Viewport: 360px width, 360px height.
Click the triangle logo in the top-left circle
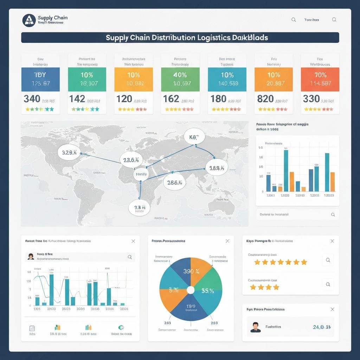pyautogui.click(x=29, y=20)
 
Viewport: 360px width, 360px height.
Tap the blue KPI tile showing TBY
pyautogui.click(x=40, y=79)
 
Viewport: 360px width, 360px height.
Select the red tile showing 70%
pyautogui.click(x=320, y=79)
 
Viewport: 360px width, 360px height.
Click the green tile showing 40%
pyautogui.click(x=180, y=79)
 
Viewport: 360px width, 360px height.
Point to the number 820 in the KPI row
pyautogui.click(x=265, y=99)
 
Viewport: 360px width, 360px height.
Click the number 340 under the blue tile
pyautogui.click(x=32, y=99)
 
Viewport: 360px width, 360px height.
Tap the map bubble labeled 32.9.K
pyautogui.click(x=69, y=152)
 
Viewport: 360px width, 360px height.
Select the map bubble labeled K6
pyautogui.click(x=194, y=137)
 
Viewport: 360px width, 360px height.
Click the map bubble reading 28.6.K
pyautogui.click(x=174, y=183)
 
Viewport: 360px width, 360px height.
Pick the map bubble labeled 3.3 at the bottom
pyautogui.click(x=139, y=208)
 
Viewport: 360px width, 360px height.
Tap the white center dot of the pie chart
pyautogui.click(x=191, y=290)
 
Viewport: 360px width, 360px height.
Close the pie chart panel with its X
pyautogui.click(x=227, y=241)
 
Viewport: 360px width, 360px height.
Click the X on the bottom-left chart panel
pyautogui.click(x=133, y=241)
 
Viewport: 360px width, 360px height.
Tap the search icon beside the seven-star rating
pyautogui.click(x=328, y=261)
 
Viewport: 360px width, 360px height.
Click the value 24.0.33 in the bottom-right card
pyautogui.click(x=321, y=327)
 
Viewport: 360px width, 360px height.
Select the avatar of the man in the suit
pyautogui.click(x=256, y=327)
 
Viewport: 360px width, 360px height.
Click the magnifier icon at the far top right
pyautogui.click(x=334, y=20)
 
